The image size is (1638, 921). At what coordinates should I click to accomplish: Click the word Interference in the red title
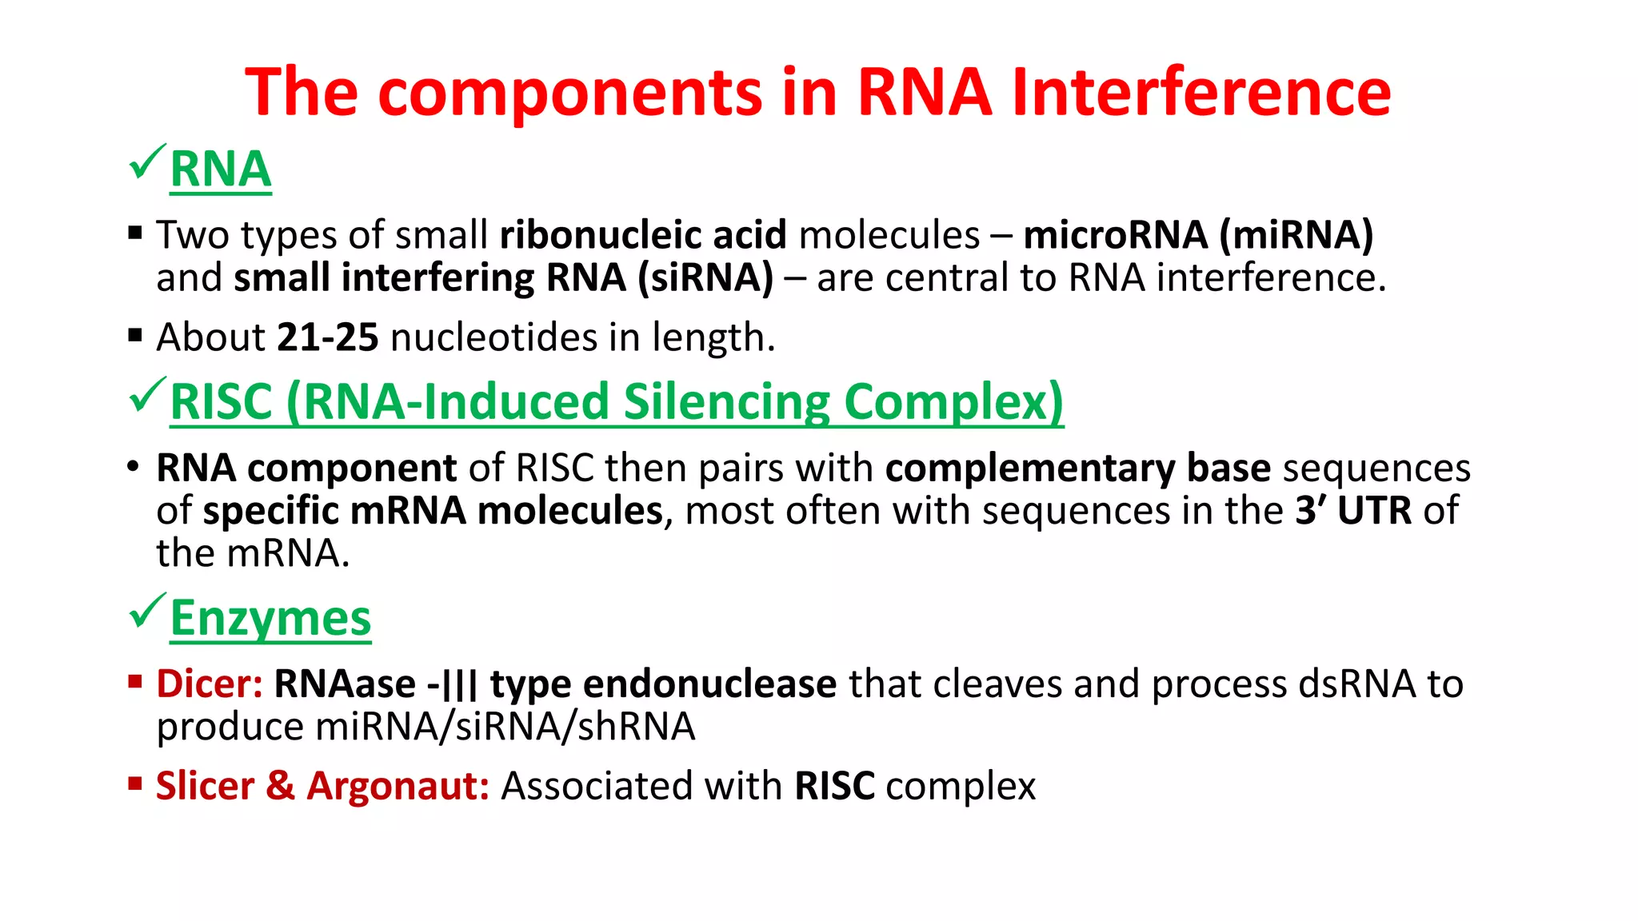[x=1201, y=93]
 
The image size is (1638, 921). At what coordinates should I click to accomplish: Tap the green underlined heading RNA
[x=221, y=169]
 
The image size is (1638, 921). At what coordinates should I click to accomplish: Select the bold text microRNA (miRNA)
[x=1198, y=235]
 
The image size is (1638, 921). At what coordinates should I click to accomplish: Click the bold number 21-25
[x=327, y=337]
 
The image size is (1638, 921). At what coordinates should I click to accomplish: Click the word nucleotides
[x=493, y=337]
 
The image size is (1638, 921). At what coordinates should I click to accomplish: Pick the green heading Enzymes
[x=270, y=618]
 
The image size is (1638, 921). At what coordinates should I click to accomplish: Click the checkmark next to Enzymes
[x=147, y=612]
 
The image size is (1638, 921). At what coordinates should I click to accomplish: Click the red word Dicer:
[x=210, y=684]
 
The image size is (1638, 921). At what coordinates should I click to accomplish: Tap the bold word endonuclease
[x=709, y=684]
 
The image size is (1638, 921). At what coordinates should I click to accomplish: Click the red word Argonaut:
[x=398, y=786]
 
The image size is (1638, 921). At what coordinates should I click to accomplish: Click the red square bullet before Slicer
[x=134, y=783]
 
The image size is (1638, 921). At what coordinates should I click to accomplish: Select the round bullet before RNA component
[x=134, y=467]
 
